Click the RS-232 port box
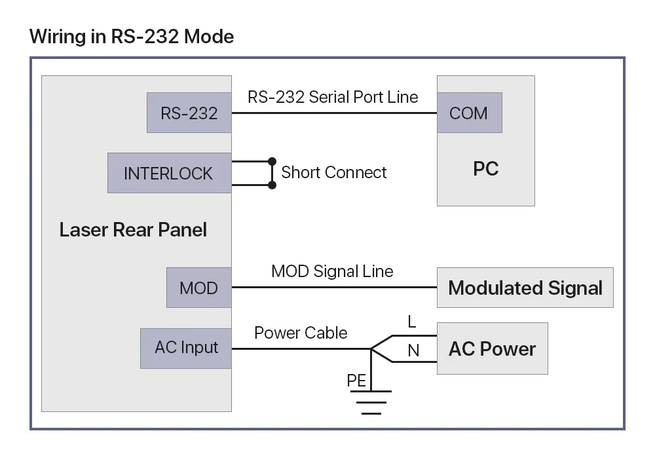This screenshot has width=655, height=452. [189, 113]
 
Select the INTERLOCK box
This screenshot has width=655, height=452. [170, 173]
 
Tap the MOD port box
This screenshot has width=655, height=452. [199, 288]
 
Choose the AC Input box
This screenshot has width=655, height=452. [186, 348]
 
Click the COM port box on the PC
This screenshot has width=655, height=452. [470, 113]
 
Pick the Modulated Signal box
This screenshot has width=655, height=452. [525, 288]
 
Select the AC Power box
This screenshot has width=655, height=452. [493, 348]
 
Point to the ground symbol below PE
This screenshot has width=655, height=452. [371, 402]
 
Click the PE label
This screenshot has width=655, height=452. [356, 381]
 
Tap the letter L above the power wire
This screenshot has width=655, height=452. [412, 322]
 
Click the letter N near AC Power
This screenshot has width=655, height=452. [413, 350]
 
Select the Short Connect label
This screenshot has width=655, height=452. [334, 172]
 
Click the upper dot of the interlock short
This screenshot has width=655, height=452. [272, 161]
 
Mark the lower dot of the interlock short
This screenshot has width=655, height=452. [272, 185]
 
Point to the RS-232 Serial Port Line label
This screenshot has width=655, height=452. [333, 97]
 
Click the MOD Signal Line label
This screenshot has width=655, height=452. [332, 272]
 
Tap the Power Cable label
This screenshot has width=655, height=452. [301, 333]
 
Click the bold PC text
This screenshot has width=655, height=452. [486, 169]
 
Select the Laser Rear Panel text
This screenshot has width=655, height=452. [133, 230]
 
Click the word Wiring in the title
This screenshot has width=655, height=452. [58, 37]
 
